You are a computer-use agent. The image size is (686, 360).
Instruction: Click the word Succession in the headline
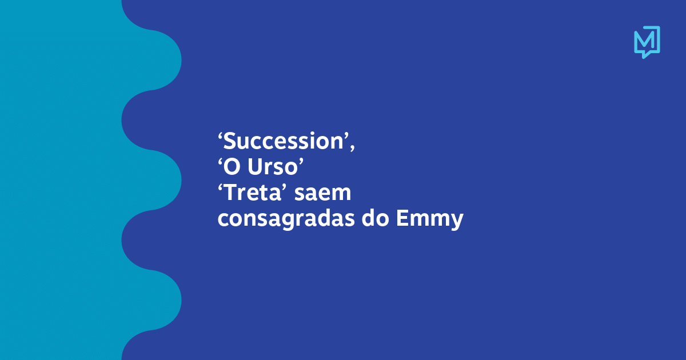284,141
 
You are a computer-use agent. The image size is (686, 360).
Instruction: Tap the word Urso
273,167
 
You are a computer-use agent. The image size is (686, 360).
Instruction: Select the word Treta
253,193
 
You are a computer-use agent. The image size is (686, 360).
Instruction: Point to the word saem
322,193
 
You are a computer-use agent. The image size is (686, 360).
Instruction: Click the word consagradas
286,219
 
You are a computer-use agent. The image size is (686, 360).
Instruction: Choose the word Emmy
430,219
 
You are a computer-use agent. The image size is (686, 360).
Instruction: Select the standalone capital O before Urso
232,167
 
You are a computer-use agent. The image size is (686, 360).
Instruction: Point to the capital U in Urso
255,167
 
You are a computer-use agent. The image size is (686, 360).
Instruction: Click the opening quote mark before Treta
221,187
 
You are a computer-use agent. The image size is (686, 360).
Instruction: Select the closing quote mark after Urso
301,162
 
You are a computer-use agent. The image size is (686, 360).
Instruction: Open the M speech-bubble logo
647,42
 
